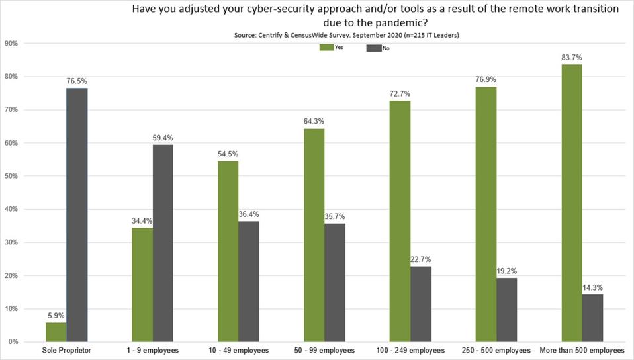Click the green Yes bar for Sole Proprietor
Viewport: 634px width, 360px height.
(x=56, y=332)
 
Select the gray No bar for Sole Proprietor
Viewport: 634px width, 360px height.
(x=77, y=215)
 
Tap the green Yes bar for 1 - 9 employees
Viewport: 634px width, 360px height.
(x=142, y=285)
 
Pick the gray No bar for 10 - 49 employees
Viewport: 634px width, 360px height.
(x=248, y=281)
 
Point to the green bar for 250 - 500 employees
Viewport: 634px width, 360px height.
(x=485, y=214)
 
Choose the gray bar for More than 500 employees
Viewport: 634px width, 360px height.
(x=592, y=318)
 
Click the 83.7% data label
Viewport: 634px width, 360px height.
(x=570, y=58)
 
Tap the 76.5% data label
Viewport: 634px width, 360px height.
(x=77, y=81)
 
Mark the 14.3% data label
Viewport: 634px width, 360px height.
(x=592, y=287)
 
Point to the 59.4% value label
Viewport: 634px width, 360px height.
(x=163, y=138)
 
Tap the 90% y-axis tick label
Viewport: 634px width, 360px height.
(x=11, y=44)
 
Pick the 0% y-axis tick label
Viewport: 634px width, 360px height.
(x=13, y=341)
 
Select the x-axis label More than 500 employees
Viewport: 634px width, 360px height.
(x=582, y=350)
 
